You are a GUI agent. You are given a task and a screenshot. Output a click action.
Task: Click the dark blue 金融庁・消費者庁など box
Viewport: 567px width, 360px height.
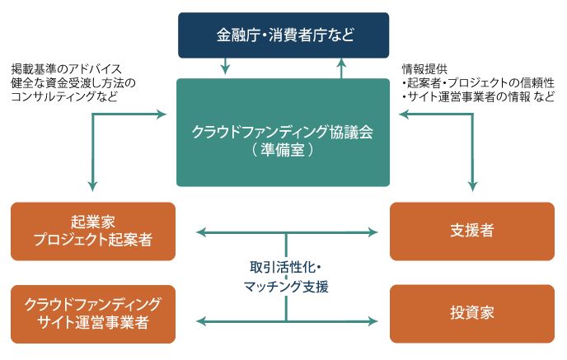tap(283, 35)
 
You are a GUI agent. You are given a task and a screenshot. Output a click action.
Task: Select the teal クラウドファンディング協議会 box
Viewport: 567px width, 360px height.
tap(283, 132)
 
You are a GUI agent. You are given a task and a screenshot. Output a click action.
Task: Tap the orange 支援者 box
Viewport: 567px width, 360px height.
tap(473, 231)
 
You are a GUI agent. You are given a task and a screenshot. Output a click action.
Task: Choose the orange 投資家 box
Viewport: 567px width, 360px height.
tap(473, 313)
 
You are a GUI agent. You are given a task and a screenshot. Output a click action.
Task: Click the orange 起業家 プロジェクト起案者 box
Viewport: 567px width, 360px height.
tap(93, 231)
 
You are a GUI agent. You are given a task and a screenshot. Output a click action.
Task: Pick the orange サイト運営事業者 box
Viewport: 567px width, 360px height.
tap(93, 313)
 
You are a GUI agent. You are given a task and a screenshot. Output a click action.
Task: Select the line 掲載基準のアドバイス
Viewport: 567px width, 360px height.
tap(66, 68)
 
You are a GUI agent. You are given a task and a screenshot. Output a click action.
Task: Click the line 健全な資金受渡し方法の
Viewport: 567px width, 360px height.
tap(73, 82)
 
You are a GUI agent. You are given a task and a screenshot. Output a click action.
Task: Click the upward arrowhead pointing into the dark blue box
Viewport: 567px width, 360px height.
tap(342, 63)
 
